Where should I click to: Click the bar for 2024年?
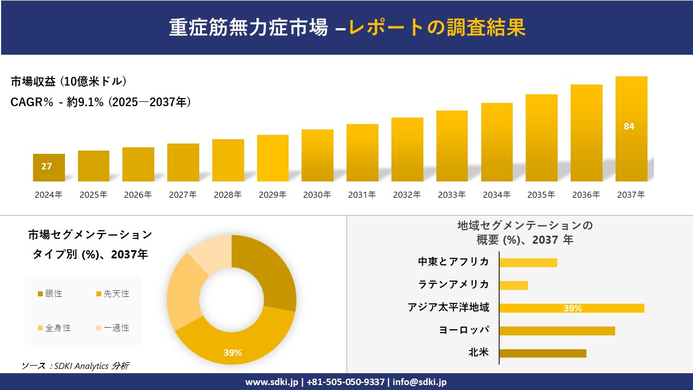[49, 168]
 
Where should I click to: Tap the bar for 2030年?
[317, 156]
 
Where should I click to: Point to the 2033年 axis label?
[452, 195]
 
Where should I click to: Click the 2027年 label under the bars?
[182, 195]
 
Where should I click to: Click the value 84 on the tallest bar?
[629, 126]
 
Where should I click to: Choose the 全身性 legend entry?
[54, 328]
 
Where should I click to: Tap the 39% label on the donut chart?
[233, 353]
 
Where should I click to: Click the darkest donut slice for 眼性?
[268, 271]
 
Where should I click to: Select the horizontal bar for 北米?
[542, 353]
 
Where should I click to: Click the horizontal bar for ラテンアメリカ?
[513, 285]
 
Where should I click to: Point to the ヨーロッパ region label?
[464, 330]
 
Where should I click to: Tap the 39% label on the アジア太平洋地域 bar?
[572, 308]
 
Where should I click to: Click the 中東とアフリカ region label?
[453, 262]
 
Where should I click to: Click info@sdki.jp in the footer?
[420, 382]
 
